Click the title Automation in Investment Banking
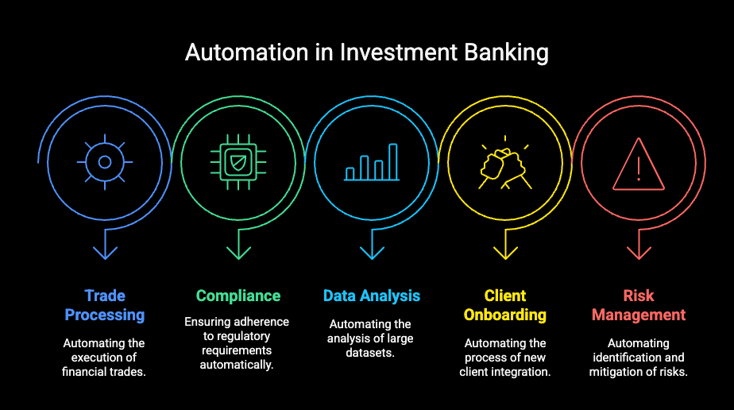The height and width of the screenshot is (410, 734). click(367, 52)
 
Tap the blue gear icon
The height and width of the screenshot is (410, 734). click(105, 161)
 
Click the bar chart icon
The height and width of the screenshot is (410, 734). click(372, 162)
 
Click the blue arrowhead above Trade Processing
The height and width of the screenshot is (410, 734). click(105, 252)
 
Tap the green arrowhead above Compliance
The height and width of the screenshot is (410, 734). click(238, 252)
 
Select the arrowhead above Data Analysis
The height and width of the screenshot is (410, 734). click(372, 252)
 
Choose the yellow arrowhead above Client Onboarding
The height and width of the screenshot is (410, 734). click(505, 252)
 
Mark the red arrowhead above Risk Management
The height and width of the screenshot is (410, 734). click(639, 252)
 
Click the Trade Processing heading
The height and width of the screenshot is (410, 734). click(105, 305)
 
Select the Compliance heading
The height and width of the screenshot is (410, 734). click(238, 296)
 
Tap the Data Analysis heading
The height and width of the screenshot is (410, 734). click(372, 296)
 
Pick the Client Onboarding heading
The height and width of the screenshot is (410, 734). click(505, 305)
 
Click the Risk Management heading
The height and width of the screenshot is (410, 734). click(639, 305)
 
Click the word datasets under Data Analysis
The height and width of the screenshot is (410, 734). click(372, 353)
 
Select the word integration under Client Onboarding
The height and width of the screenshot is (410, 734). click(523, 372)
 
